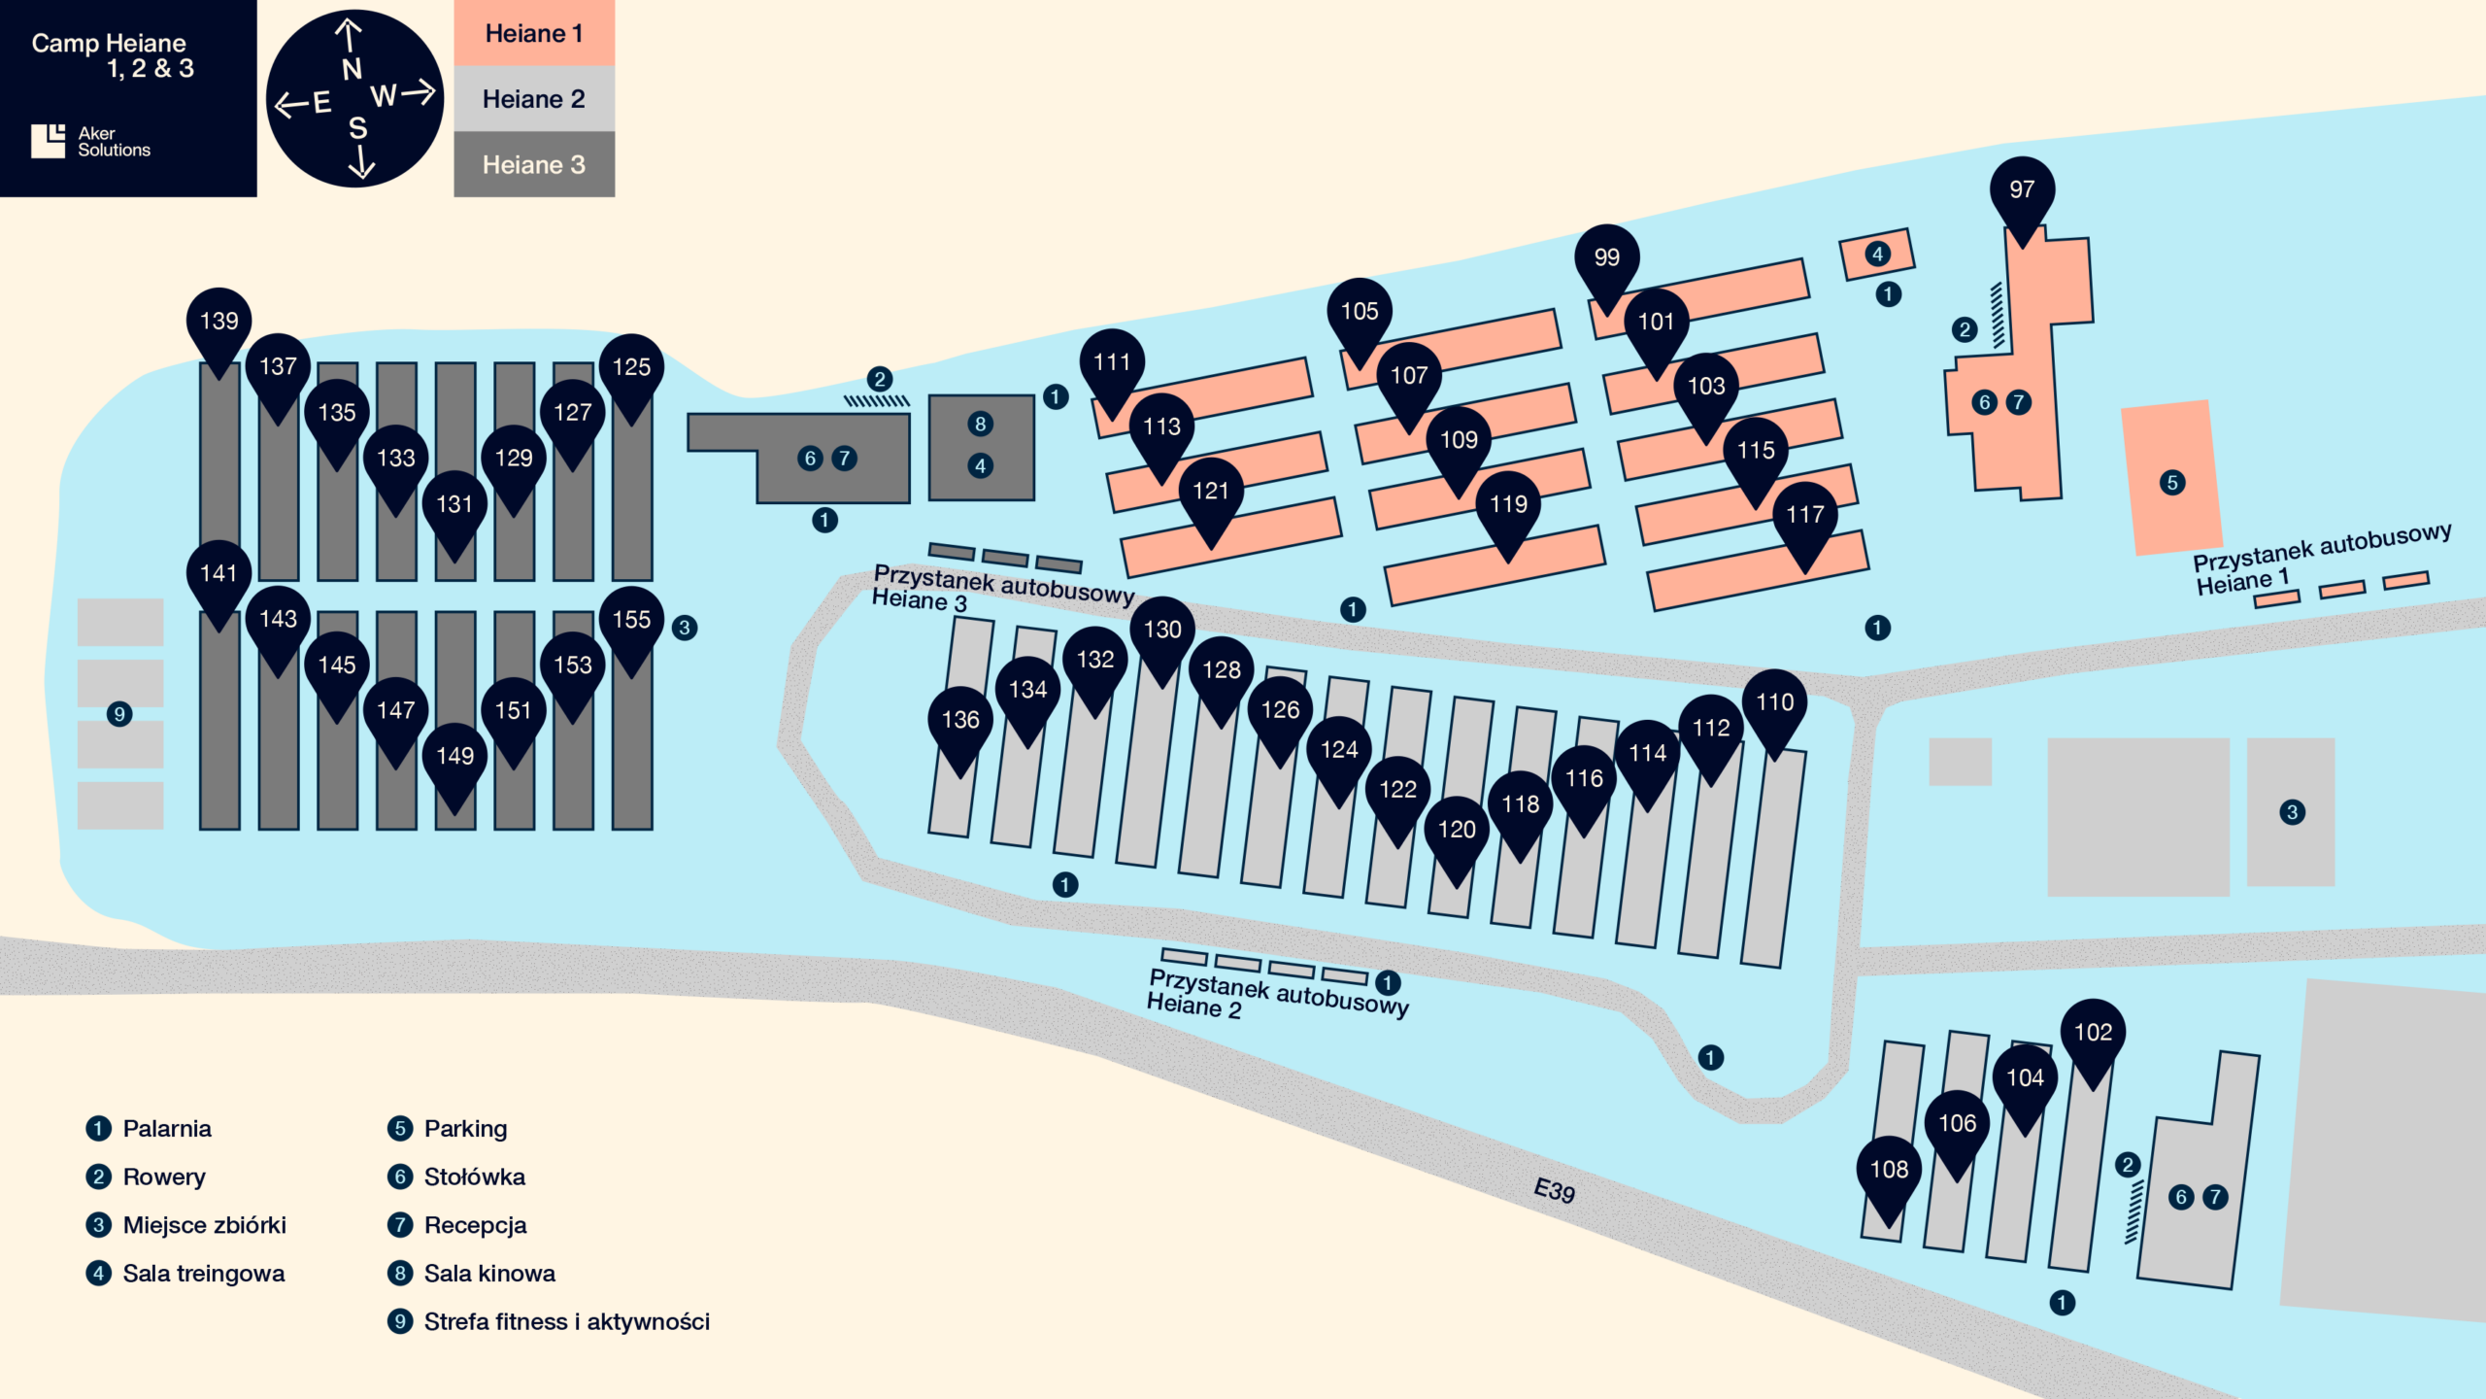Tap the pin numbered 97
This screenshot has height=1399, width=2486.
[x=2022, y=190]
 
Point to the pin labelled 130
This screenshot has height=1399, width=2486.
[x=1162, y=631]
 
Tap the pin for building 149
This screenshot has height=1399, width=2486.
[x=454, y=757]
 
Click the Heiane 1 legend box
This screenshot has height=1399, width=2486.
[x=534, y=33]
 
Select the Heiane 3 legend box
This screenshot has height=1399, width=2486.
[x=534, y=165]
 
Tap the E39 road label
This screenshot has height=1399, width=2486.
[x=1554, y=1190]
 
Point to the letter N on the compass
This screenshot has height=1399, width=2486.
[x=352, y=70]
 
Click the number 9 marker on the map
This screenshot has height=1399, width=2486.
[x=119, y=715]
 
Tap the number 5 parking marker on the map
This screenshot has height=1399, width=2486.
[x=2172, y=483]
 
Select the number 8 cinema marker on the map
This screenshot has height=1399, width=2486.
[x=980, y=424]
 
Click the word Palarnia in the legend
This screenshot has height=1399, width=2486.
[x=167, y=1129]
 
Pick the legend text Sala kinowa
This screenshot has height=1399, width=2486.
[x=489, y=1274]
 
